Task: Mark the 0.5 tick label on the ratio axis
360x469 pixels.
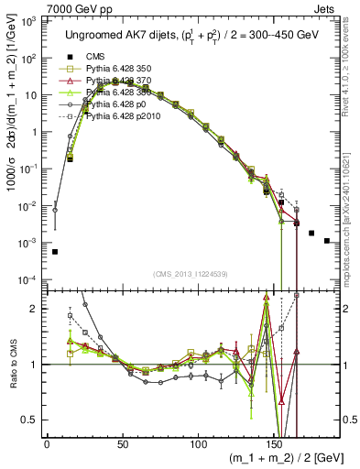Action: coord(31,420)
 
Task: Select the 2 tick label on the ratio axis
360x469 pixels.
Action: coord(36,309)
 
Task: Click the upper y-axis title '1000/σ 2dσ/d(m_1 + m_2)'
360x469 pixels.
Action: coord(13,137)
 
